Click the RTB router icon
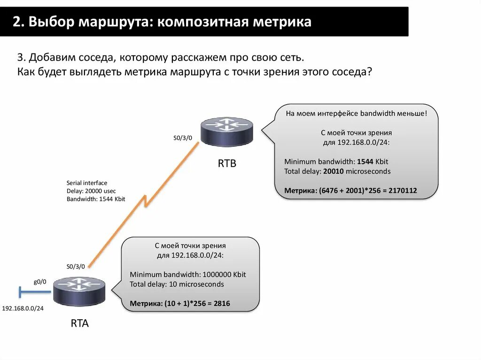tap(226, 131)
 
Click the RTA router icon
tap(79, 291)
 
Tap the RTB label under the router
tap(227, 164)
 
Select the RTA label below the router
tap(79, 323)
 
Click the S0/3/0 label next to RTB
tap(182, 138)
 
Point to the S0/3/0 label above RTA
tap(76, 267)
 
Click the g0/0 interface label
tap(39, 282)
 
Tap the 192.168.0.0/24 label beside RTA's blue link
tap(23, 308)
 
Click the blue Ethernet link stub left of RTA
tap(34, 292)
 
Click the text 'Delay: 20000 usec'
tap(91, 191)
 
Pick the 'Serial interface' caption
tap(87, 183)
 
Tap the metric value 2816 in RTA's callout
tap(222, 304)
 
